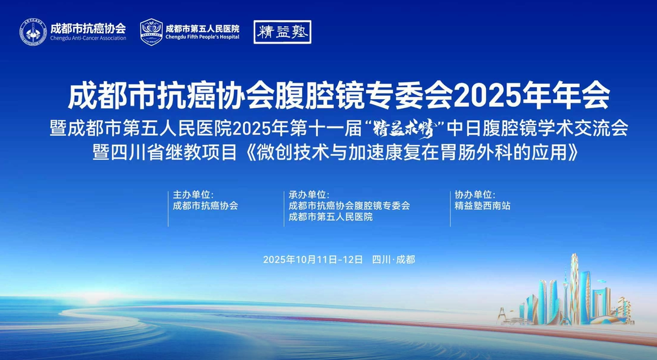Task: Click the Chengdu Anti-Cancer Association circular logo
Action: pos(33,32)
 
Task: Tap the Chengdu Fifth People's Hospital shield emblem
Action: pos(151,32)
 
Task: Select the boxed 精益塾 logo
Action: pos(282,32)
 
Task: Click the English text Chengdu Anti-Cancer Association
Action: pos(88,39)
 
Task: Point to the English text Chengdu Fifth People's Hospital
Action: pos(202,37)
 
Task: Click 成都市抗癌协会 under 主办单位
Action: pos(205,206)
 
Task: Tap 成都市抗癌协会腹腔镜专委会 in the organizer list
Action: pos(349,206)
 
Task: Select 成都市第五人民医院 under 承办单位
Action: pos(330,217)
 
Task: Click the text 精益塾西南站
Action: pos(482,206)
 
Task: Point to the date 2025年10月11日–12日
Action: pos(313,260)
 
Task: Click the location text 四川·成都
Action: pos(393,260)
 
